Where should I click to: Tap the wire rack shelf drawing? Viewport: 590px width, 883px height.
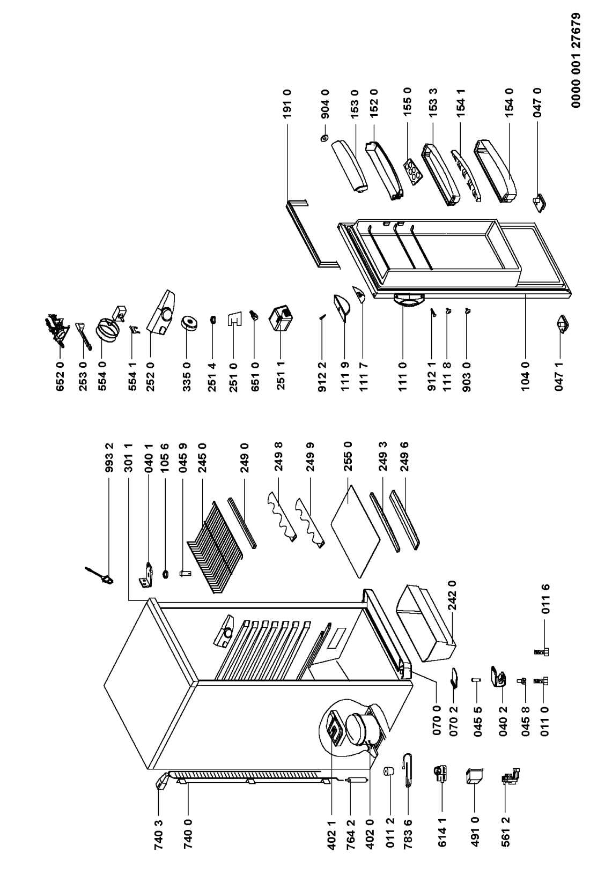tap(211, 544)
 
